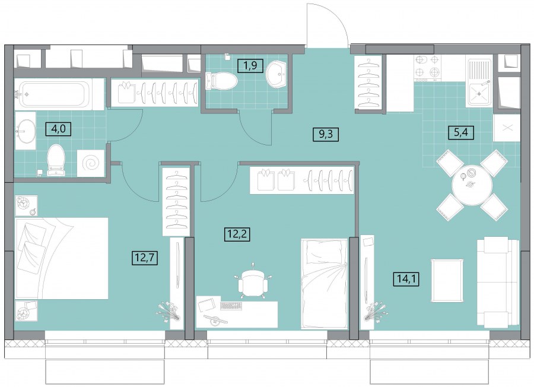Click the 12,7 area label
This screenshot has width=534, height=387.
click(145, 258)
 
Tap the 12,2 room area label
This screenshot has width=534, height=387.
click(237, 234)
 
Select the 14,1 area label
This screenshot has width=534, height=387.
click(406, 279)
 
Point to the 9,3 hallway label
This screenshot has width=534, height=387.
click(326, 134)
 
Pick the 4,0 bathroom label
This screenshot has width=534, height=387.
click(59, 129)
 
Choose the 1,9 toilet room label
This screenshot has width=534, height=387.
click(250, 65)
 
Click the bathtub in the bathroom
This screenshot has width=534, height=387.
click(55, 94)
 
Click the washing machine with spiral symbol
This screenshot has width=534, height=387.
click(91, 163)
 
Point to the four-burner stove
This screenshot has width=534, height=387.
click(427, 67)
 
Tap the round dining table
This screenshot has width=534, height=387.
click(472, 185)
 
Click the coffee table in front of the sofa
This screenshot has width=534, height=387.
click(447, 280)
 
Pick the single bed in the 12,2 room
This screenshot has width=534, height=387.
click(324, 284)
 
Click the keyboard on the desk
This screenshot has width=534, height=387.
click(231, 306)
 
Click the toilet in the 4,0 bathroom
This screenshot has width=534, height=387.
click(56, 160)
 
